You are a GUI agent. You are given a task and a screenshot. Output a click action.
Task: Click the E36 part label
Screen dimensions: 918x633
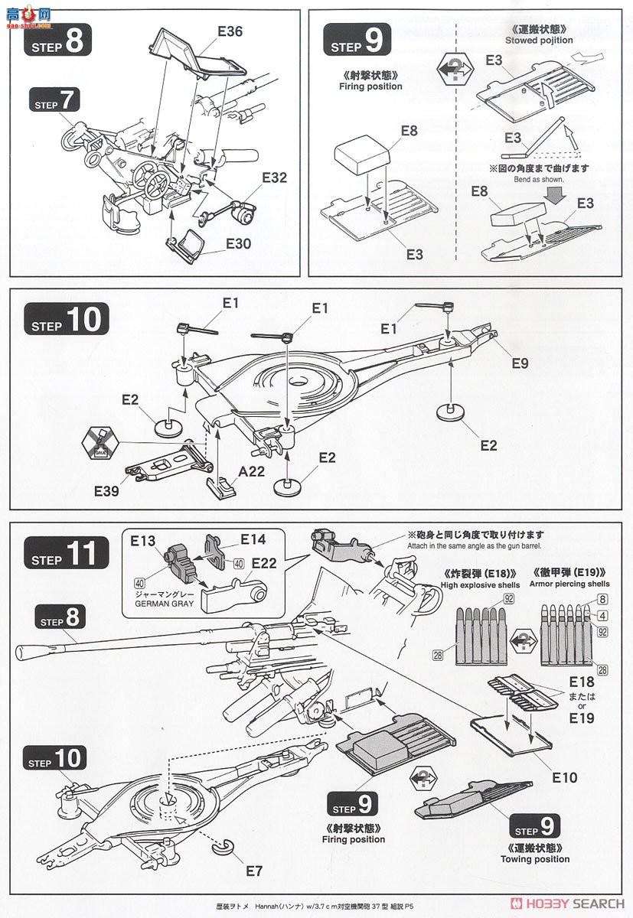(x=230, y=31)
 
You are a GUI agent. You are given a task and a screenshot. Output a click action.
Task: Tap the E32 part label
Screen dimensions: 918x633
(x=274, y=177)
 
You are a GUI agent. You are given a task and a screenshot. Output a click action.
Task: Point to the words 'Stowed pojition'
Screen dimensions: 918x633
(x=539, y=40)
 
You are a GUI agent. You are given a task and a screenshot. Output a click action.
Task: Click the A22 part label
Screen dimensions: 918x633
(x=251, y=472)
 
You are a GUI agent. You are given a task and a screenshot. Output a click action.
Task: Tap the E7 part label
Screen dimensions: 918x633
(x=253, y=871)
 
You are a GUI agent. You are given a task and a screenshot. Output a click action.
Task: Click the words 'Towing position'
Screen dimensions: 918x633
(x=536, y=859)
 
